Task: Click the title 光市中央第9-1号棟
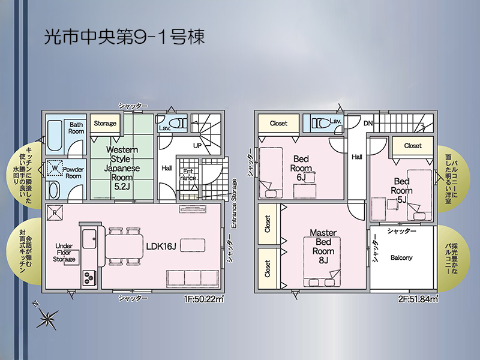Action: [x=124, y=37]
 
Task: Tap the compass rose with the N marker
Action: [x=47, y=317]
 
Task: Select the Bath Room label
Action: [x=76, y=128]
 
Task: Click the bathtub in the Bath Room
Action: [x=55, y=136]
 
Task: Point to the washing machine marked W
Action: [x=55, y=168]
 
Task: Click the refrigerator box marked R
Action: [x=55, y=212]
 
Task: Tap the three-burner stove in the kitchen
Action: [x=89, y=278]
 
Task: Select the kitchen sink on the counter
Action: [x=89, y=239]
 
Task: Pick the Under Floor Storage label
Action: [x=64, y=253]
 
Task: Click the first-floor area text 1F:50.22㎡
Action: [x=204, y=299]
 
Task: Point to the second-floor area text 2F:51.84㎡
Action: [x=418, y=299]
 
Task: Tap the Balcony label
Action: [x=401, y=258]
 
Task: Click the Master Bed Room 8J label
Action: [x=323, y=247]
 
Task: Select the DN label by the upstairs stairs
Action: [x=368, y=124]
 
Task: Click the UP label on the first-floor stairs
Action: [x=197, y=146]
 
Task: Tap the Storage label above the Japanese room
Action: [x=105, y=124]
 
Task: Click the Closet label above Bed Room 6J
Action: [x=278, y=124]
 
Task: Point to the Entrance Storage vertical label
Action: [x=234, y=203]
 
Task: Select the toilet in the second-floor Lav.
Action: [x=319, y=122]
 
